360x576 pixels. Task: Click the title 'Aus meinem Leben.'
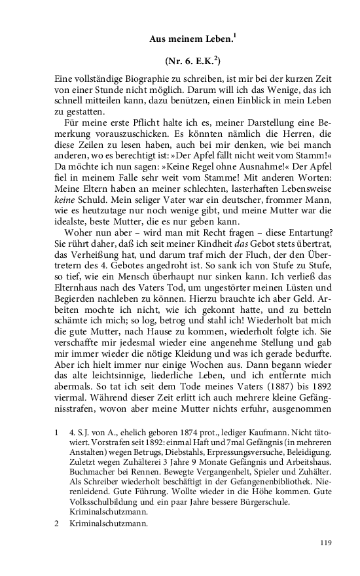pos(189,40)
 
